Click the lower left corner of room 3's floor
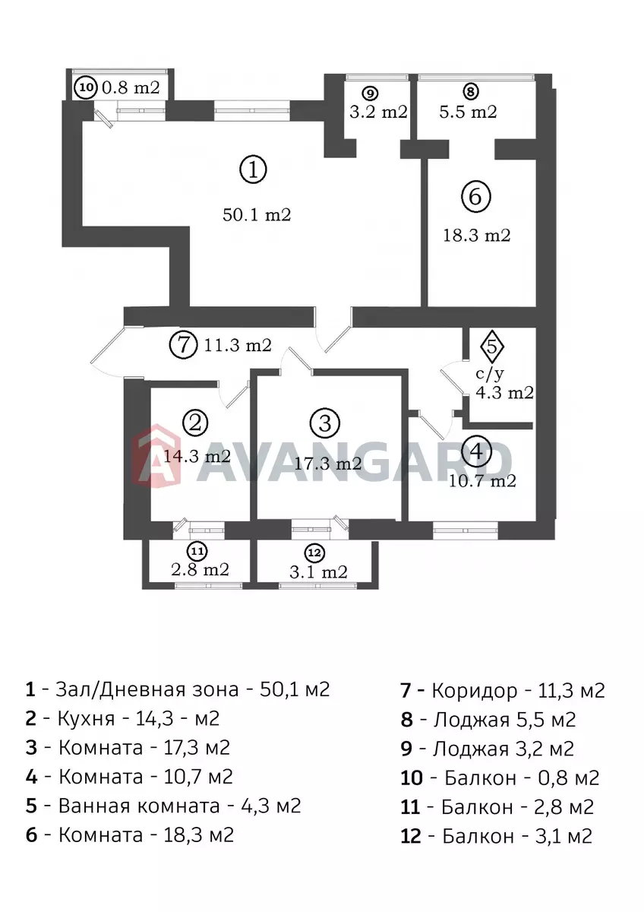pos(257,520)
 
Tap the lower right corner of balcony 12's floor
pos(371,583)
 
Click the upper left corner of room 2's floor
pos(151,387)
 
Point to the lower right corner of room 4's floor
pos(536,521)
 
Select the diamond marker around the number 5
pos(492,347)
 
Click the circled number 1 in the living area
pos(253,169)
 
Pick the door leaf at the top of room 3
pos(300,358)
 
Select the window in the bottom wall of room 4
pos(466,530)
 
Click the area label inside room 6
pos(476,236)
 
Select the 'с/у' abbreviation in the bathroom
pos(490,373)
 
